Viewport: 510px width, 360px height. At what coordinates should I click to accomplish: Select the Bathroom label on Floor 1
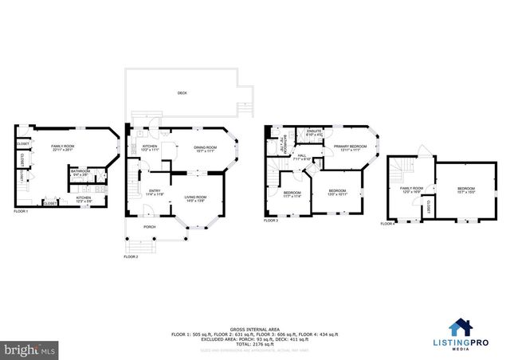(80, 171)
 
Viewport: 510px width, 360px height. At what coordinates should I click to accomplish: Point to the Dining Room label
(206, 147)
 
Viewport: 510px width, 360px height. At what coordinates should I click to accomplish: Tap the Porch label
(149, 227)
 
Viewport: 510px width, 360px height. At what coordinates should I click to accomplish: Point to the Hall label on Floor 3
(302, 156)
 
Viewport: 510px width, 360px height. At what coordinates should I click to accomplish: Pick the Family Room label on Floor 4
(410, 188)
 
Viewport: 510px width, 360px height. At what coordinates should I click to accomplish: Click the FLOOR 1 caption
(21, 212)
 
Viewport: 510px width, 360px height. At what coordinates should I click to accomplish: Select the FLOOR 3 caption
(272, 220)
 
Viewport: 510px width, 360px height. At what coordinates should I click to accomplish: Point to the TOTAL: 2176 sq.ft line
(254, 343)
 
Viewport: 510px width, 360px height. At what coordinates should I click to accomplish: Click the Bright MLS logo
(30, 348)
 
